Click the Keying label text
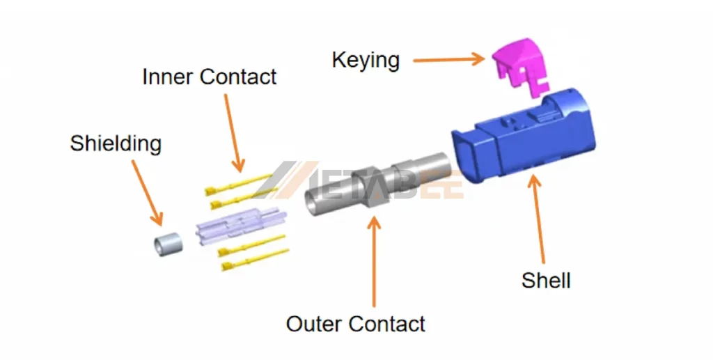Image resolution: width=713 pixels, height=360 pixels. [x=366, y=60]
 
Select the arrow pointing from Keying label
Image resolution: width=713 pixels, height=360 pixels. [x=448, y=59]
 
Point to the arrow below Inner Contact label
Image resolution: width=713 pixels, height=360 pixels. [x=234, y=132]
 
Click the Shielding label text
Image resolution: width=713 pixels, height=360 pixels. [x=116, y=143]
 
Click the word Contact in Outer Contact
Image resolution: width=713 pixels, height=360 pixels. [x=386, y=324]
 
